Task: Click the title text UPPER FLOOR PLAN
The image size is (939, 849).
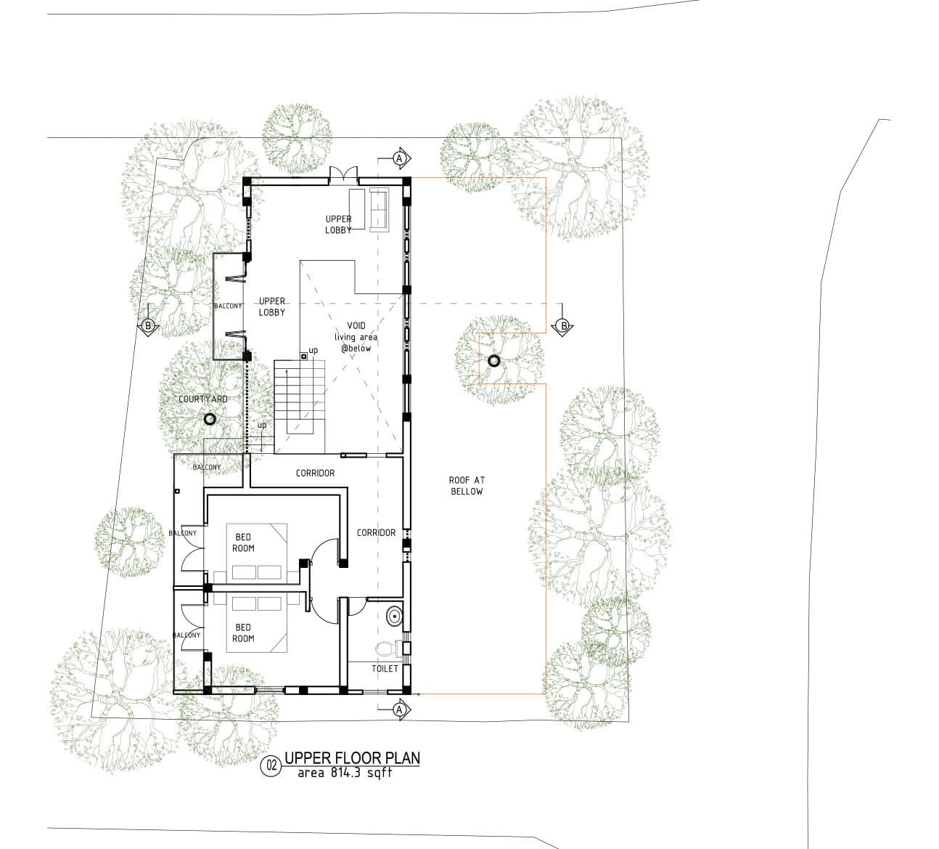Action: [352, 757]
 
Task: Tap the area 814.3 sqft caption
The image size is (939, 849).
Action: [345, 773]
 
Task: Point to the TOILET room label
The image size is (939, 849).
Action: [385, 669]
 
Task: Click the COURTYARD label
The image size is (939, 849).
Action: [203, 399]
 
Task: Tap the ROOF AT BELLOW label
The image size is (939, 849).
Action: [467, 485]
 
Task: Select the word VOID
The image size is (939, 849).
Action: [357, 325]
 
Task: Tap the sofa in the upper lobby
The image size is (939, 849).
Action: [380, 209]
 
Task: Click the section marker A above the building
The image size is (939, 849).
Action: [401, 158]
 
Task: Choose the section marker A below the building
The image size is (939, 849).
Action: [401, 710]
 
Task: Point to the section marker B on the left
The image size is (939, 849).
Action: [148, 325]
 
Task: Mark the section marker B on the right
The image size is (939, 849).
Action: [563, 325]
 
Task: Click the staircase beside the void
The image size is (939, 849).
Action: [299, 407]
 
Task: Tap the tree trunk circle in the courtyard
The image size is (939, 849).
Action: [209, 419]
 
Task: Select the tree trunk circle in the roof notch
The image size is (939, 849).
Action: [494, 361]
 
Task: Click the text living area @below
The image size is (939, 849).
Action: [356, 343]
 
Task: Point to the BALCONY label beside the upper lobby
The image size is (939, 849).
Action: [228, 306]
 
